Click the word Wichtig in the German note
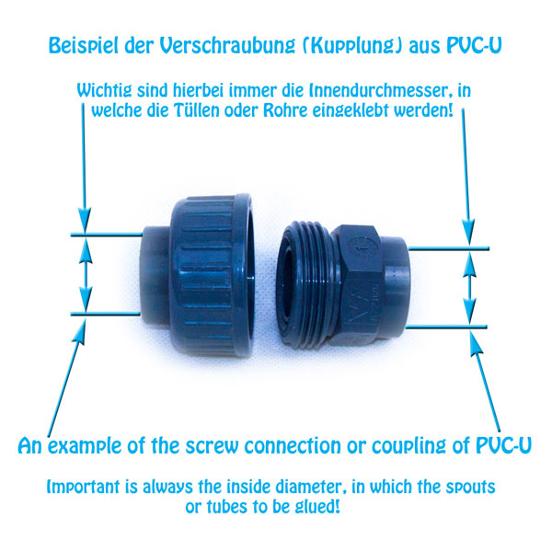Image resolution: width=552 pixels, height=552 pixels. point(105,92)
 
